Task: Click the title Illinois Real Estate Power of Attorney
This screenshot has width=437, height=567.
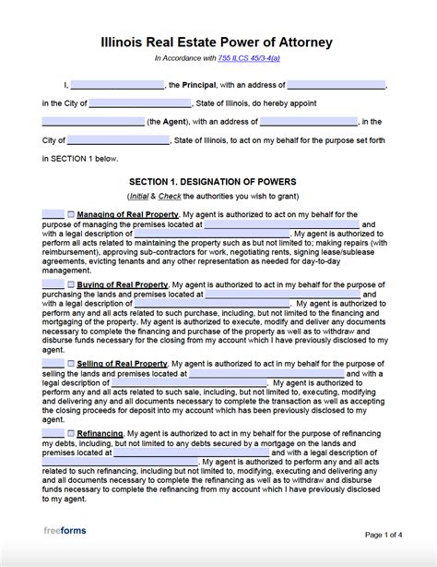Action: pyautogui.click(x=218, y=42)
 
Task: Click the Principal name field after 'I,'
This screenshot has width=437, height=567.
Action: pyautogui.click(x=117, y=84)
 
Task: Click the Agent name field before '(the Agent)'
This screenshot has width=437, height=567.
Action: pyautogui.click(x=93, y=121)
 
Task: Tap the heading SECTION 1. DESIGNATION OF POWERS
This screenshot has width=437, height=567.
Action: pyautogui.click(x=218, y=181)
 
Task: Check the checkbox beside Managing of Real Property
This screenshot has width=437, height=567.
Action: pyautogui.click(x=71, y=213)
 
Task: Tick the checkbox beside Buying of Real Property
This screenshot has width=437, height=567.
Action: pyautogui.click(x=71, y=284)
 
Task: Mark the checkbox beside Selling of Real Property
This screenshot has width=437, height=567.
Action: pyautogui.click(x=71, y=364)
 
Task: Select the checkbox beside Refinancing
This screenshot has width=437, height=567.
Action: pyautogui.click(x=71, y=432)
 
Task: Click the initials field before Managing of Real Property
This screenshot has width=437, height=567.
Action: pyautogui.click(x=53, y=213)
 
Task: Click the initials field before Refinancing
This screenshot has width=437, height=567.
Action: pyautogui.click(x=53, y=432)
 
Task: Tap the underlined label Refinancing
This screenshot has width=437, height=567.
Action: pyautogui.click(x=100, y=432)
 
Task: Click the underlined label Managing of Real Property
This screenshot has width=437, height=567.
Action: pyautogui.click(x=128, y=213)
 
